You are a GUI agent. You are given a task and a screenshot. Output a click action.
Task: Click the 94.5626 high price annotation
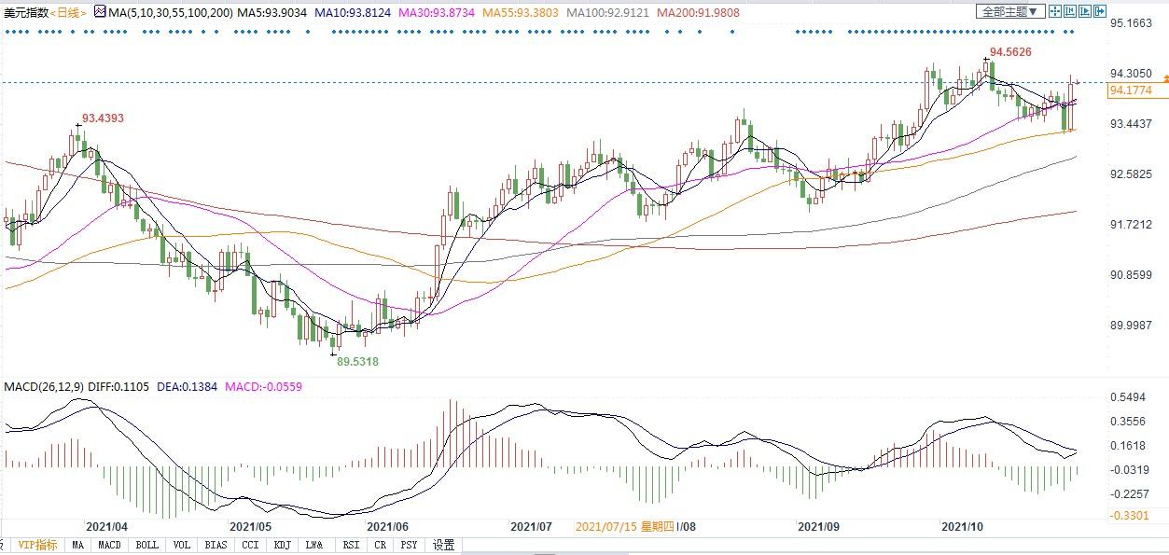[1010, 52]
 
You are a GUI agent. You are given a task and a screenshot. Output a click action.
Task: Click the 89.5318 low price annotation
[357, 361]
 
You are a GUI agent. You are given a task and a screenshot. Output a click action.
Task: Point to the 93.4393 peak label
[103, 118]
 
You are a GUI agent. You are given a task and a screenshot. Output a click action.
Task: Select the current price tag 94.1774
[1132, 90]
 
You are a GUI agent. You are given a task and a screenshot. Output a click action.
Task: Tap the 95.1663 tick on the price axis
[1132, 22]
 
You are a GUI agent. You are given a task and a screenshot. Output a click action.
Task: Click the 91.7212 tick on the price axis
[1132, 225]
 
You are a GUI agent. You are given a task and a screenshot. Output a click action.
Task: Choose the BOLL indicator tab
[146, 545]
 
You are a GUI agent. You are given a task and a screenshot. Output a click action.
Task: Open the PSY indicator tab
[408, 545]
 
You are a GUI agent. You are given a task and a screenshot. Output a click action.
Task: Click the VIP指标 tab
[37, 545]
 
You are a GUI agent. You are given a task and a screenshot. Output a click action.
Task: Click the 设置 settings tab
[444, 545]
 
